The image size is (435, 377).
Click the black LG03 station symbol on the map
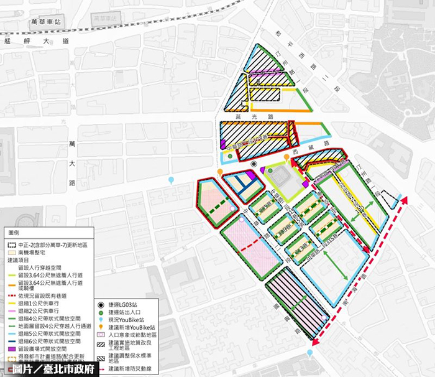point(254,164)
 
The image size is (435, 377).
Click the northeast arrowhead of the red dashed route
point(405,200)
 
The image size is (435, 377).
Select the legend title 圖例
point(14,232)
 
